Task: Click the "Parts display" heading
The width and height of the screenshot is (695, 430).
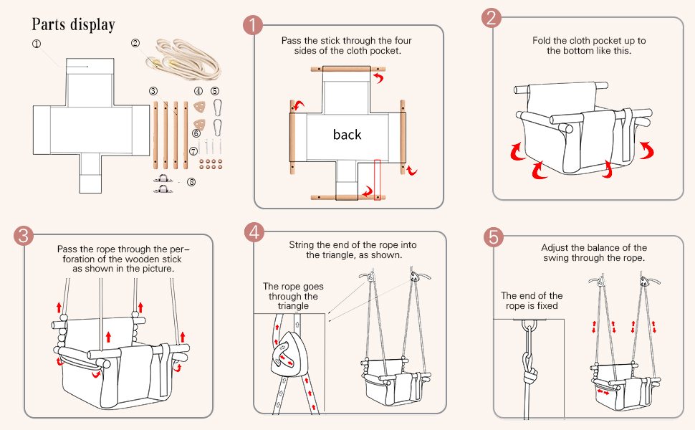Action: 72,24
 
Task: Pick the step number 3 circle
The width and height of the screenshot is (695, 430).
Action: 24,235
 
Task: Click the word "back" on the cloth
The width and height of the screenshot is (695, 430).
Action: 347,134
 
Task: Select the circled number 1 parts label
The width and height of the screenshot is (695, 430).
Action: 36,44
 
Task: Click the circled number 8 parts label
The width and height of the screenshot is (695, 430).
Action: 191,182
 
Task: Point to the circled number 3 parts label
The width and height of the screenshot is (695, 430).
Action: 153,91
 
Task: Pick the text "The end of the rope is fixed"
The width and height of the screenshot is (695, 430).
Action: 532,300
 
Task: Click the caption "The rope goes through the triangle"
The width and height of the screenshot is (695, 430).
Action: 293,296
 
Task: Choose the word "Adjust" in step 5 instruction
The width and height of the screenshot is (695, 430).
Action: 555,248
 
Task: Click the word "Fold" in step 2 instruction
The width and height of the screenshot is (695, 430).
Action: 541,41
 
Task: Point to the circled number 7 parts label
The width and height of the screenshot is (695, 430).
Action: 193,151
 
